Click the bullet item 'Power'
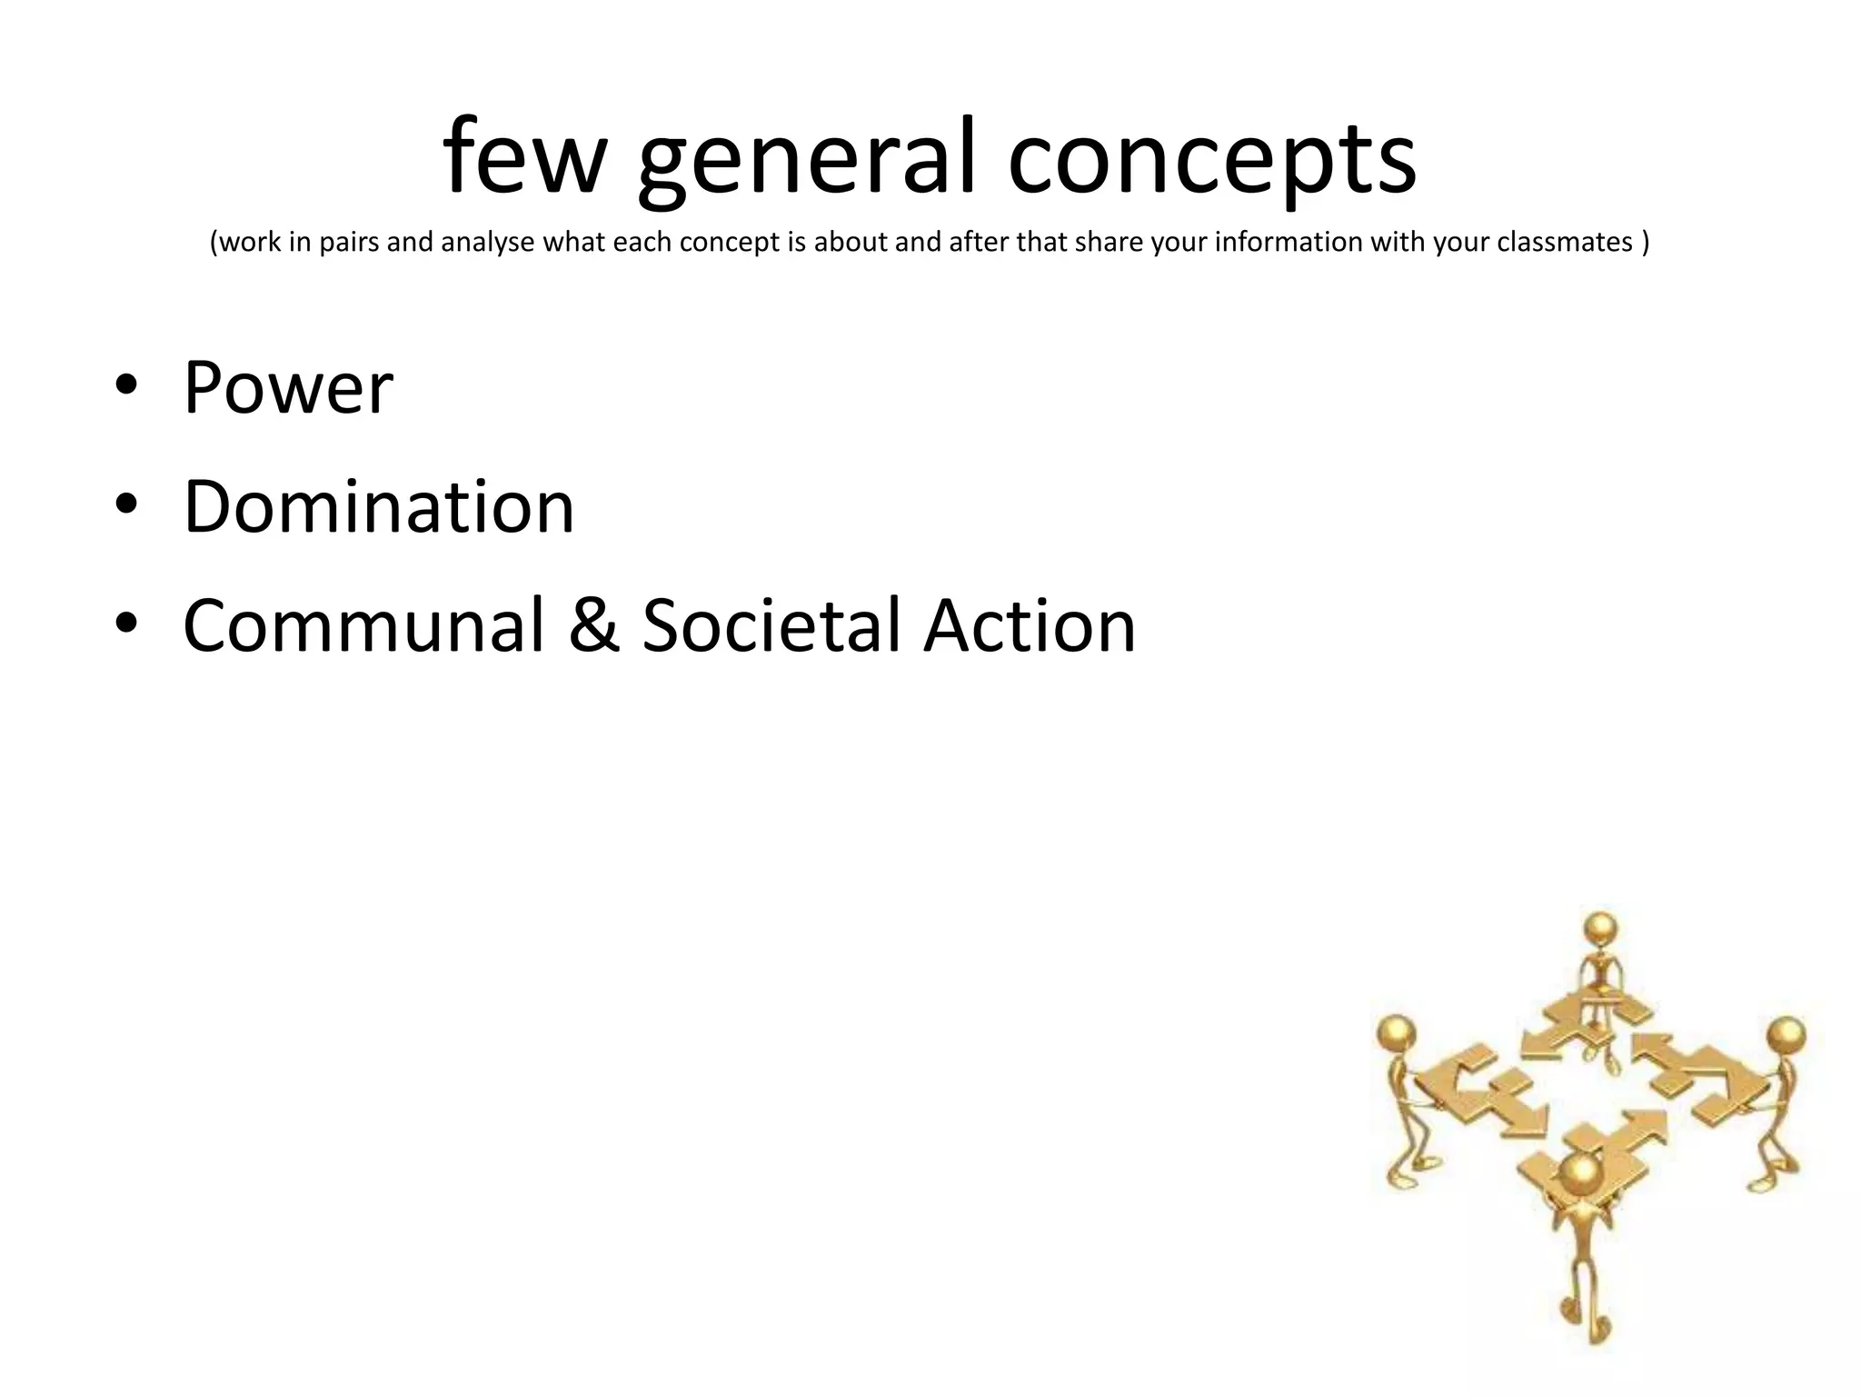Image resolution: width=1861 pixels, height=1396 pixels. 288,388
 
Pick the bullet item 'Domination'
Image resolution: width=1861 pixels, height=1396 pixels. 379,506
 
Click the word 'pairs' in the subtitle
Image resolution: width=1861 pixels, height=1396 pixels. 349,243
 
